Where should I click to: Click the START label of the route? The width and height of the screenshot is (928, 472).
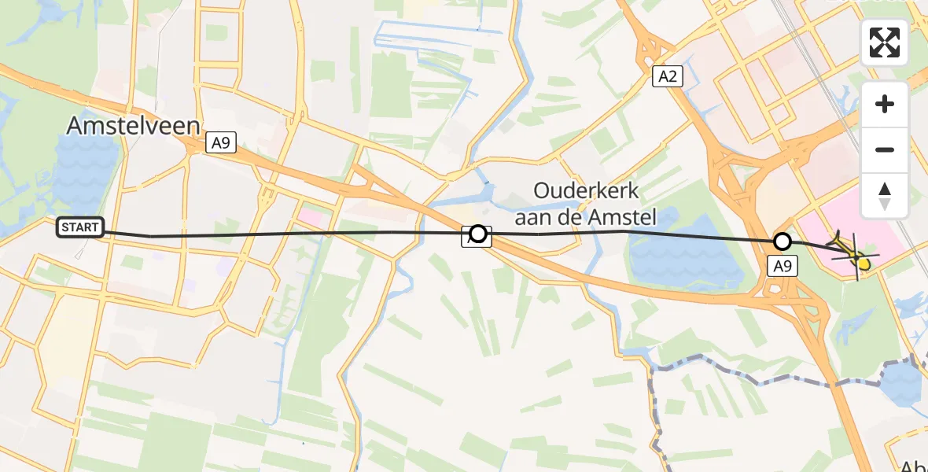point(80,228)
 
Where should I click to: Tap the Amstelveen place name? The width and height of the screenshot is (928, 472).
point(133,126)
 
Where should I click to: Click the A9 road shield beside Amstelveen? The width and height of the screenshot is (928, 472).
point(220,143)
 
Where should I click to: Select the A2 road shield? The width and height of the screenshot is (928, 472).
point(668,76)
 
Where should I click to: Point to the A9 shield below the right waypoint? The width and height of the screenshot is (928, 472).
point(782,267)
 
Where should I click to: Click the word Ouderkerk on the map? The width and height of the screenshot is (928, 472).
point(587,190)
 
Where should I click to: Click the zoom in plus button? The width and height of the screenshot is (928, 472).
point(885,104)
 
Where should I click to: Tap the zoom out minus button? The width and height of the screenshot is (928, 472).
point(885,149)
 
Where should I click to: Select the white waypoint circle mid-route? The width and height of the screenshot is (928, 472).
point(478,234)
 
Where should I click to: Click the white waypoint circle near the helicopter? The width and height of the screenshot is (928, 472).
point(782,242)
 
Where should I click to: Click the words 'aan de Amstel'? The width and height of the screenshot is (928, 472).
point(595,216)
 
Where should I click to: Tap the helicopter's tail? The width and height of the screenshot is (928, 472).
point(837,237)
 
